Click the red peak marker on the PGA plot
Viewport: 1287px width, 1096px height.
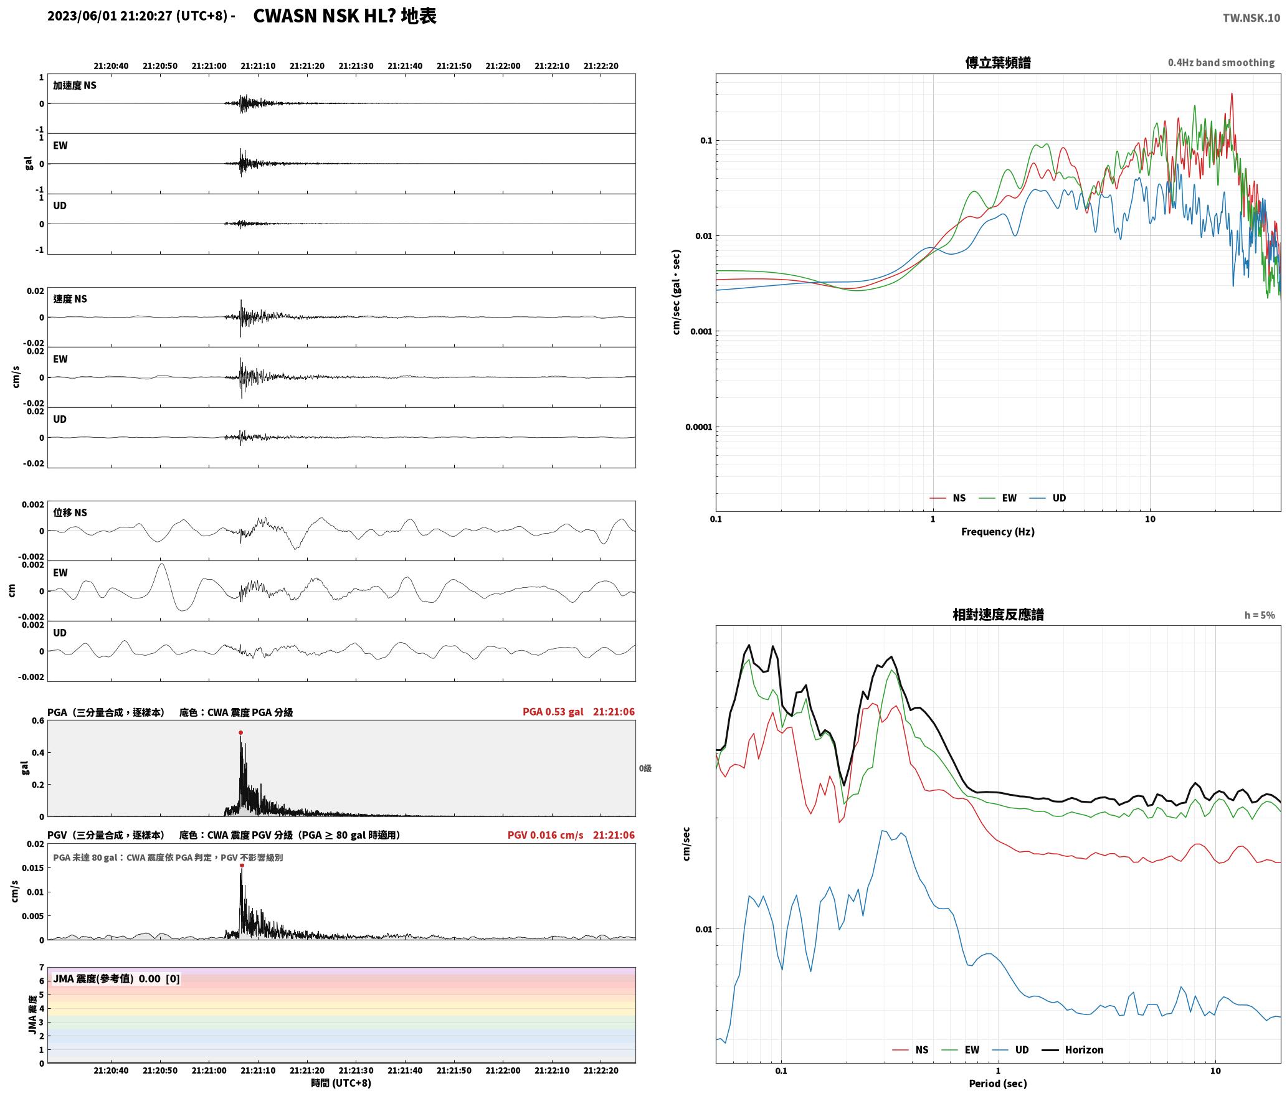click(x=240, y=732)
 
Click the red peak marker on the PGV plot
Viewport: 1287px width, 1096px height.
click(x=242, y=865)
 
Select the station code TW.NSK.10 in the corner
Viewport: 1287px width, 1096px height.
click(x=1251, y=18)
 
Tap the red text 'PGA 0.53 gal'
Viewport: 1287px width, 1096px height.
click(x=553, y=712)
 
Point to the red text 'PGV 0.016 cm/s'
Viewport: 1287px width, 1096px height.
click(x=545, y=835)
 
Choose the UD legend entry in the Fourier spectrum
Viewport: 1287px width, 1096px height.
click(x=1048, y=498)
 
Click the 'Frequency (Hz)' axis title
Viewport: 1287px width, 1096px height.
click(x=997, y=531)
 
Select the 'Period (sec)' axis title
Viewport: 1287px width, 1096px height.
click(x=997, y=1084)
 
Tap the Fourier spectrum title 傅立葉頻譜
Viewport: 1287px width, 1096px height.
click(x=997, y=62)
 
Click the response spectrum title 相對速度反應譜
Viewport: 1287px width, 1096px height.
click(x=998, y=615)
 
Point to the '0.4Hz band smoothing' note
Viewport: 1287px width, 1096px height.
click(x=1221, y=62)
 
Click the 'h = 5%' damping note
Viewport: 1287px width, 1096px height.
click(x=1260, y=615)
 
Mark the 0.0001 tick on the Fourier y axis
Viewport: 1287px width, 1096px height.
click(x=698, y=427)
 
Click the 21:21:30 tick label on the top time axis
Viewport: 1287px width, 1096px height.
click(x=356, y=66)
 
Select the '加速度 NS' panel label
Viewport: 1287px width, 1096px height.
click(x=75, y=85)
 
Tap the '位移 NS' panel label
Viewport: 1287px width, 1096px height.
click(x=70, y=513)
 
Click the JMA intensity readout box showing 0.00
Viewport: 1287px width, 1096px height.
click(x=116, y=978)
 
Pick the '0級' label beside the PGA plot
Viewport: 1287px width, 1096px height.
click(x=645, y=768)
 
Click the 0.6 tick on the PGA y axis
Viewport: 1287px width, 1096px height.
click(x=38, y=721)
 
